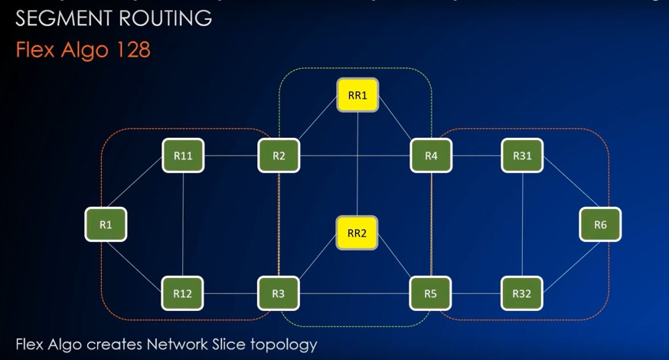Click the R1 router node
click(x=105, y=224)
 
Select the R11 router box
click(x=182, y=156)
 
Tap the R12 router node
click(x=182, y=293)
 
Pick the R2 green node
click(x=279, y=156)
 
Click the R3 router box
click(x=279, y=293)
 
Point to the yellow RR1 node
click(x=357, y=96)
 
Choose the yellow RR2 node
click(x=357, y=233)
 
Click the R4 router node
click(x=431, y=156)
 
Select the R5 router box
click(x=431, y=293)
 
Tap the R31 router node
click(x=522, y=156)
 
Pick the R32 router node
click(x=522, y=293)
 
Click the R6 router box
click(x=600, y=224)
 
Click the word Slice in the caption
click(x=219, y=344)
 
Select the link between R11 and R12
click(x=183, y=224)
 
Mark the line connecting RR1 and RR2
click(x=357, y=165)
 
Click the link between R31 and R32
click(x=522, y=224)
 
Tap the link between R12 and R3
click(x=230, y=293)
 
